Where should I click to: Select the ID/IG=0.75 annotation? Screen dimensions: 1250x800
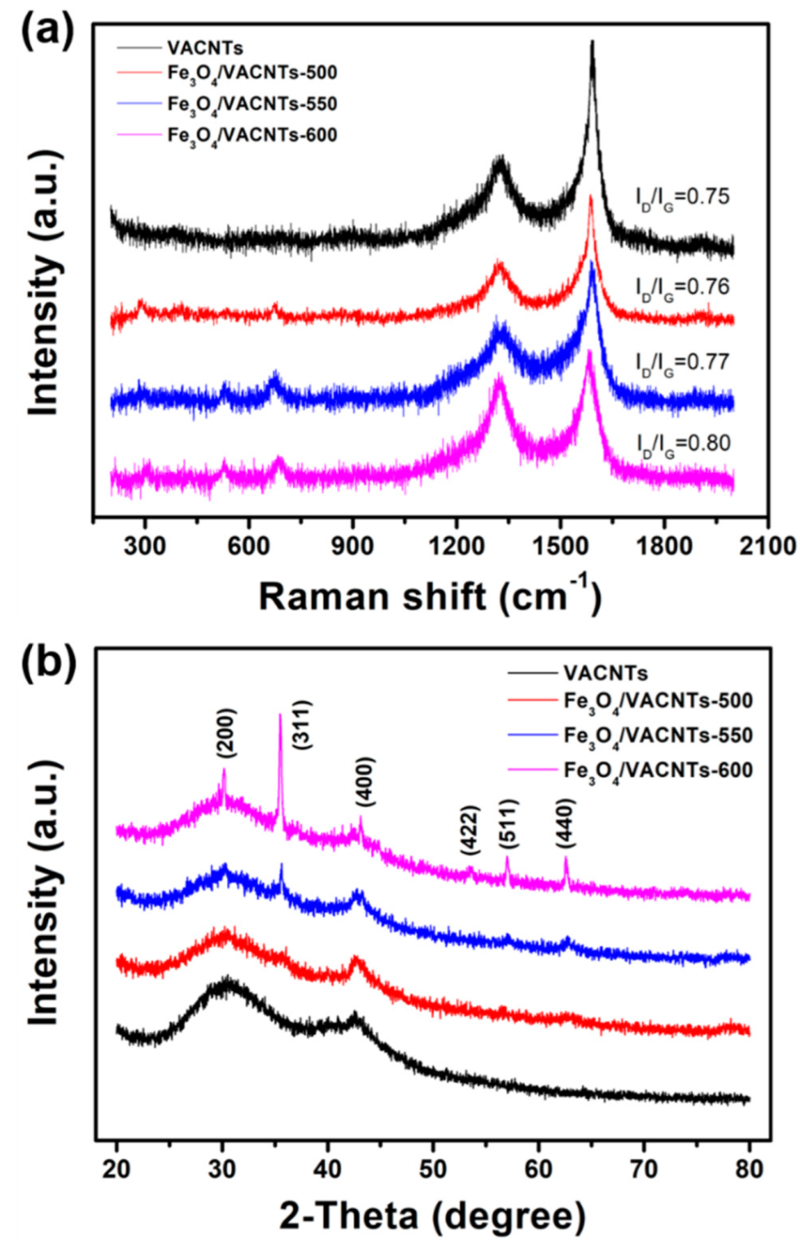pyautogui.click(x=682, y=197)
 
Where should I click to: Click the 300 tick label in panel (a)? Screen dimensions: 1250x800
pyautogui.click(x=146, y=546)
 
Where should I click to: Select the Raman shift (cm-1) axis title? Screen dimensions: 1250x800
pyautogui.click(x=430, y=597)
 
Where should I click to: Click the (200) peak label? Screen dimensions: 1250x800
pyautogui.click(x=226, y=732)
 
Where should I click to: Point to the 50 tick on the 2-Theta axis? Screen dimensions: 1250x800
pyautogui.click(x=433, y=1168)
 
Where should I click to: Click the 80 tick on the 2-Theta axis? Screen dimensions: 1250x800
pyautogui.click(x=749, y=1168)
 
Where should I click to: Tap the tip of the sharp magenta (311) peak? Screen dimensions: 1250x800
pyautogui.click(x=280, y=714)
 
